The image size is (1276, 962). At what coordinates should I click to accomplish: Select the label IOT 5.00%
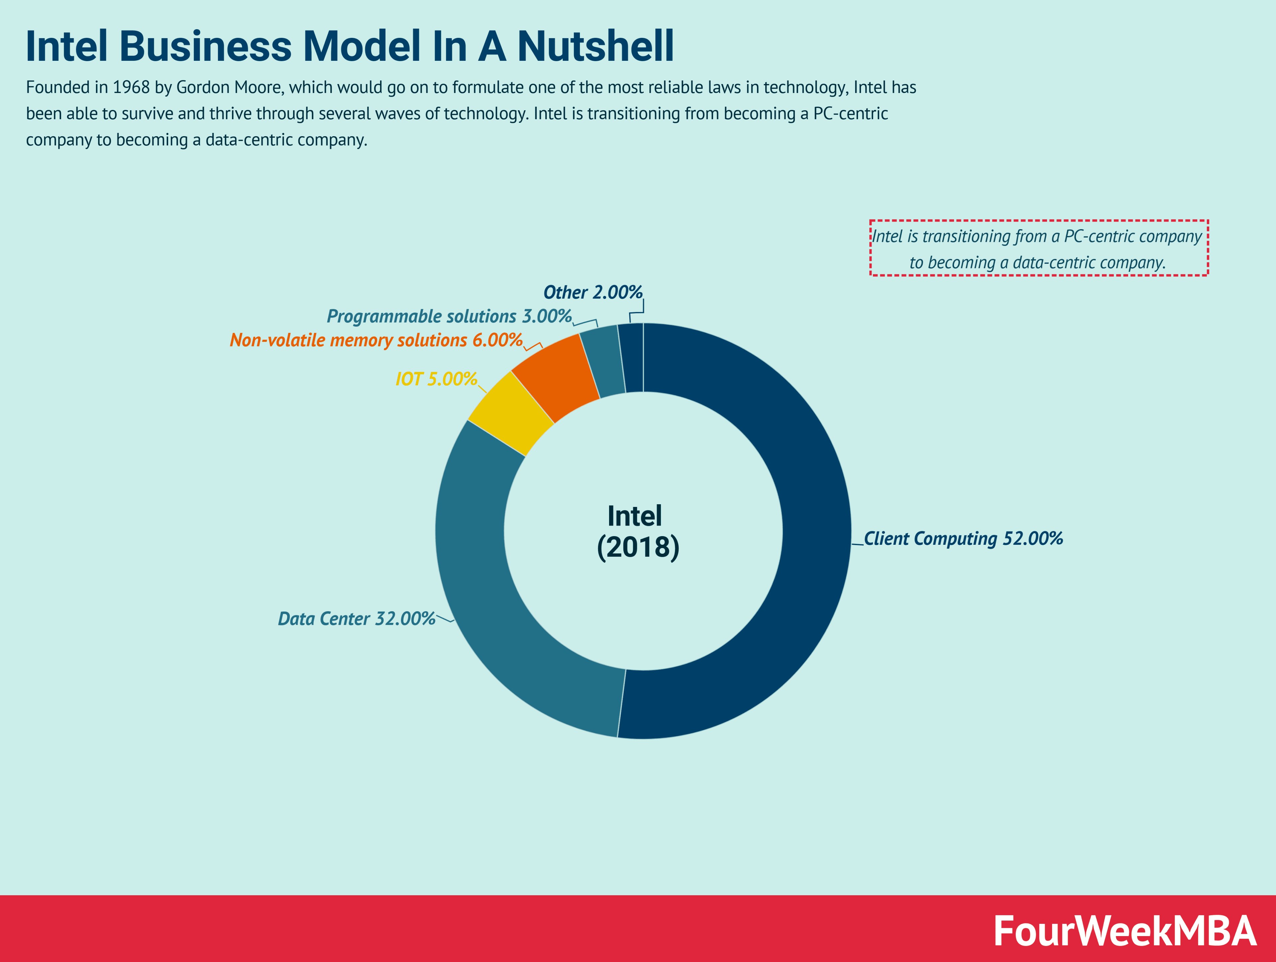click(x=436, y=379)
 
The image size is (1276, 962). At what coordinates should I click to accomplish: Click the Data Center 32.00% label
click(x=357, y=619)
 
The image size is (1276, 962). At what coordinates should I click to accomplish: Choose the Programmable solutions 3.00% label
click(x=449, y=316)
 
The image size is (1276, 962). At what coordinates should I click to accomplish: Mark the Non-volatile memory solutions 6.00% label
click(x=376, y=340)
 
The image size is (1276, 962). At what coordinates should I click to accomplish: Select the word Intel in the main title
click(x=66, y=46)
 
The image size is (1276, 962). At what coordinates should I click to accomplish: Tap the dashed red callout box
click(x=1038, y=248)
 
